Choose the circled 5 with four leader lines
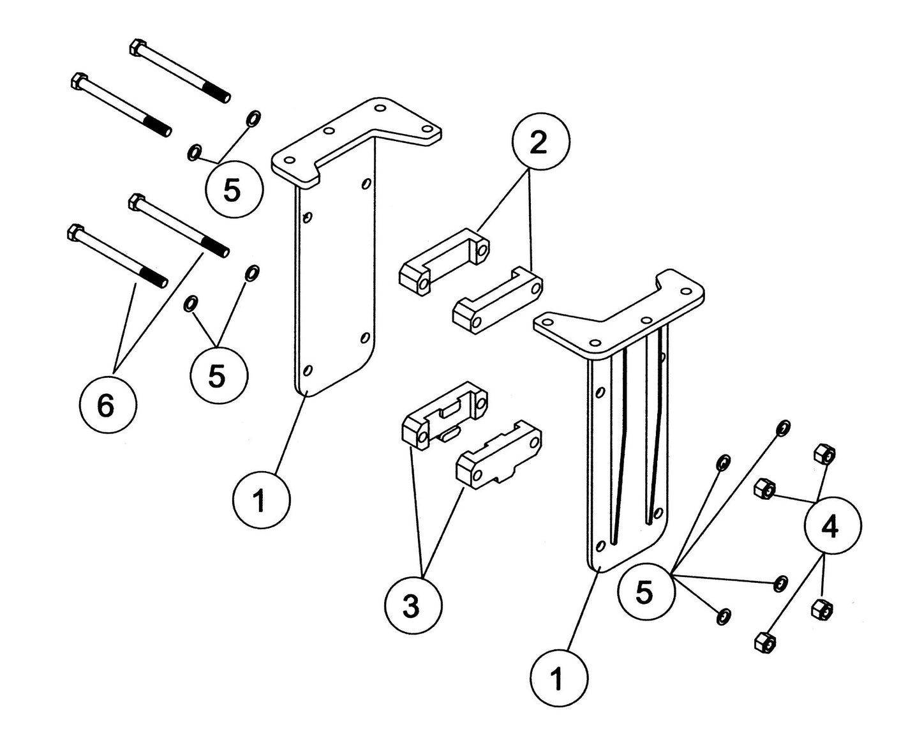click(x=645, y=592)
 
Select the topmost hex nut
click(x=824, y=454)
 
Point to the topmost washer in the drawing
click(x=253, y=118)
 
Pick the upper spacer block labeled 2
click(x=445, y=260)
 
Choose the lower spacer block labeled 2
click(x=497, y=302)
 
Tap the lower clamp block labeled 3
click(x=498, y=459)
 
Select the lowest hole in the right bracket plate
click(x=600, y=546)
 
